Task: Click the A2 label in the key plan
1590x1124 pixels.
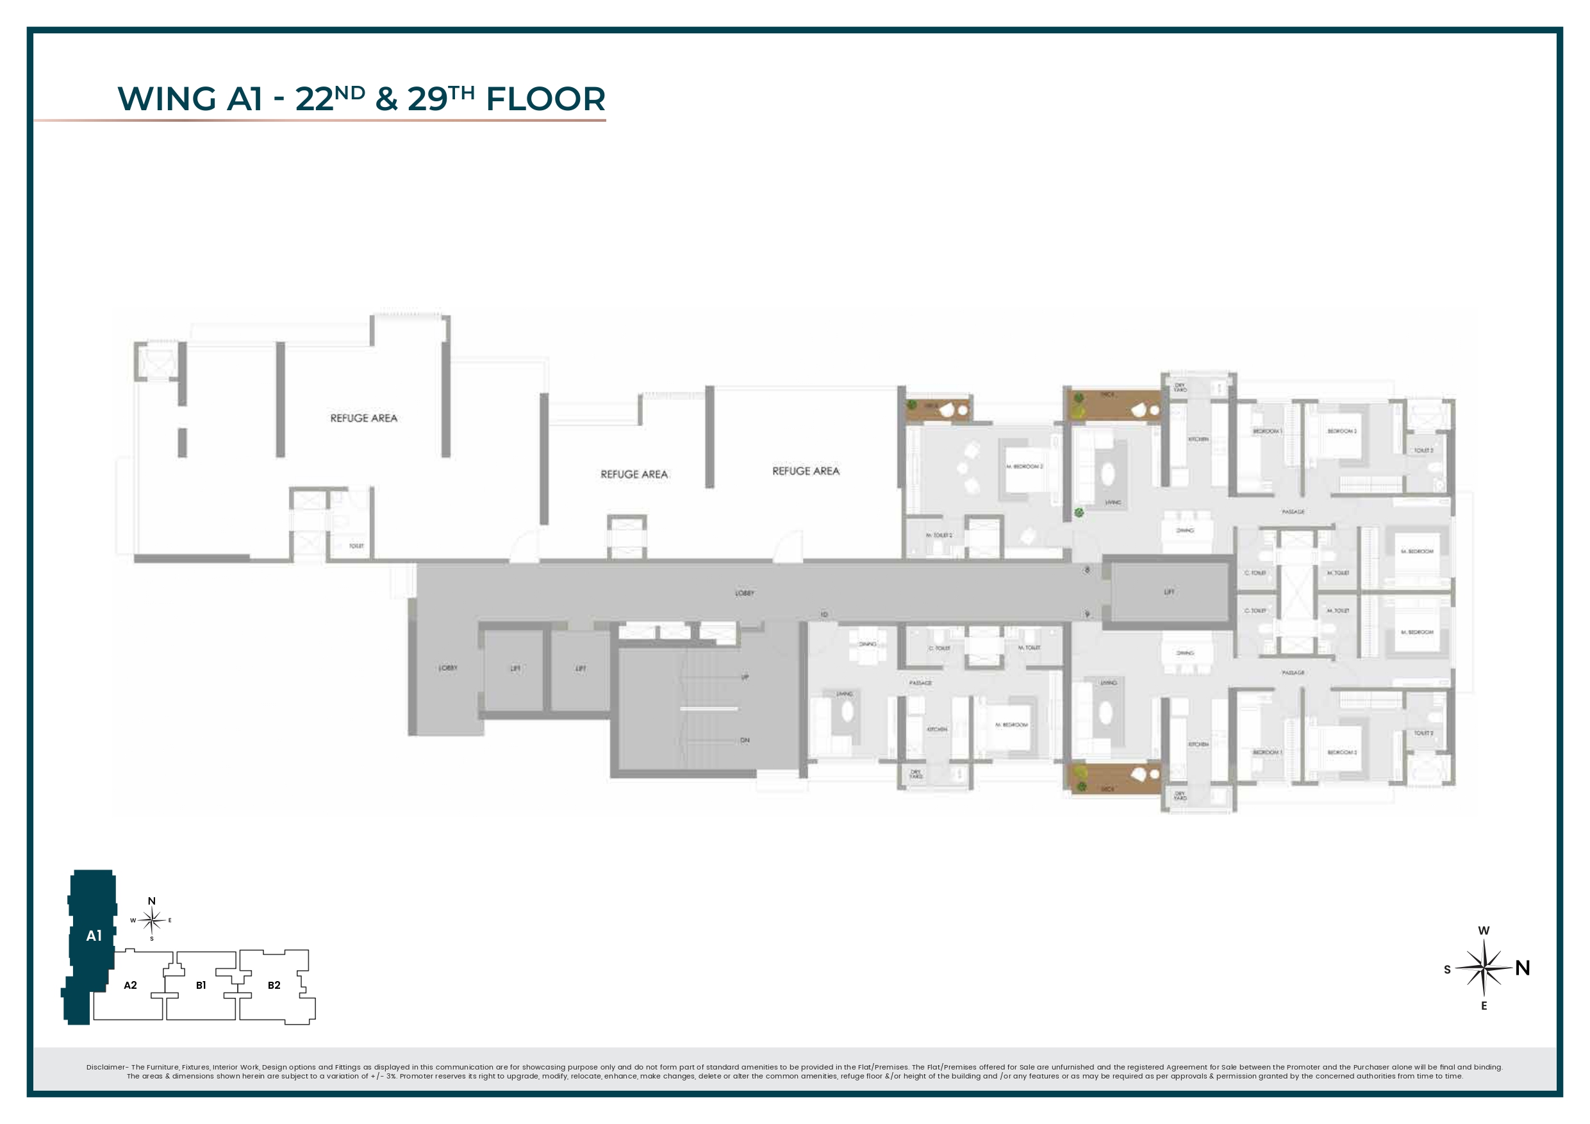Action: click(130, 985)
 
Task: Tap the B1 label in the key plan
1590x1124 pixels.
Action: click(201, 985)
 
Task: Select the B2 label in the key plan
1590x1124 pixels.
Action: click(274, 985)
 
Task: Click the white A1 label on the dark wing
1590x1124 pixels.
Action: click(94, 936)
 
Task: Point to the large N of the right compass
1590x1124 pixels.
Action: click(1522, 968)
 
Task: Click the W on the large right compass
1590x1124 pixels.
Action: click(1484, 930)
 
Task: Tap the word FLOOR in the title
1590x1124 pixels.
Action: click(545, 99)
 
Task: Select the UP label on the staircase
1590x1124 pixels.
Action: click(745, 677)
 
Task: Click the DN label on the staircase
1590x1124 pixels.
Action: click(745, 740)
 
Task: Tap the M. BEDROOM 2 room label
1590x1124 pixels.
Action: click(1024, 466)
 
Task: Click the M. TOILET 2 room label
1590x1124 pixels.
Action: click(939, 535)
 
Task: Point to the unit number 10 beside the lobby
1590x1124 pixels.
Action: click(824, 615)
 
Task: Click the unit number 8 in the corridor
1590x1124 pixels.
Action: click(1088, 570)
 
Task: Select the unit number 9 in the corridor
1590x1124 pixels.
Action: click(1088, 615)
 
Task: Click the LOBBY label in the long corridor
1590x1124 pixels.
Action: click(745, 593)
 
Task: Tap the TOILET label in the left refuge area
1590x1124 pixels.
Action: click(356, 546)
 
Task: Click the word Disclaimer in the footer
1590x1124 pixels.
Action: click(107, 1067)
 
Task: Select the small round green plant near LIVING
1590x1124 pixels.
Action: click(1079, 513)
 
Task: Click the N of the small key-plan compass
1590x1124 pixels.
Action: click(152, 901)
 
